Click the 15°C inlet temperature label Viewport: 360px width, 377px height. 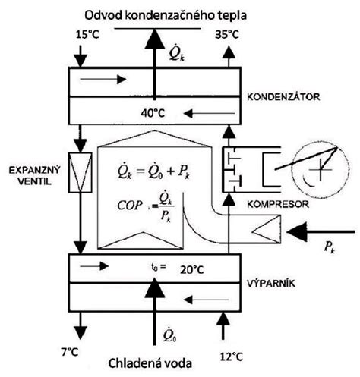[x=87, y=35]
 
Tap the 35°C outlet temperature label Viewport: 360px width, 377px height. [x=227, y=35]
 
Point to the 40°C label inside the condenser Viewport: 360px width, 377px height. [x=153, y=113]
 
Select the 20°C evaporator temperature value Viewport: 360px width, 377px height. [x=192, y=270]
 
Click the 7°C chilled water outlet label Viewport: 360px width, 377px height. [x=70, y=352]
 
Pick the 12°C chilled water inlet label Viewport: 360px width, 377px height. [x=231, y=357]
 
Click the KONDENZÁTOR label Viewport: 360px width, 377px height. [x=283, y=97]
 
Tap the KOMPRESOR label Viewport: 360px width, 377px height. [x=278, y=204]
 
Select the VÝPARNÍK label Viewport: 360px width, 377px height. [x=271, y=284]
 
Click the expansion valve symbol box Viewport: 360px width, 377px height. [x=81, y=172]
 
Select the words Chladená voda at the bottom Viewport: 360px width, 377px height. [x=150, y=363]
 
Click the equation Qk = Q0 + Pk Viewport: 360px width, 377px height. [x=154, y=171]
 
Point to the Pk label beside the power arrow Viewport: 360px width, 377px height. [x=330, y=247]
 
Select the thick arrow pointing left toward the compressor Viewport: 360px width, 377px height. [x=321, y=231]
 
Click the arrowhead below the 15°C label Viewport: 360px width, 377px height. [x=81, y=62]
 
